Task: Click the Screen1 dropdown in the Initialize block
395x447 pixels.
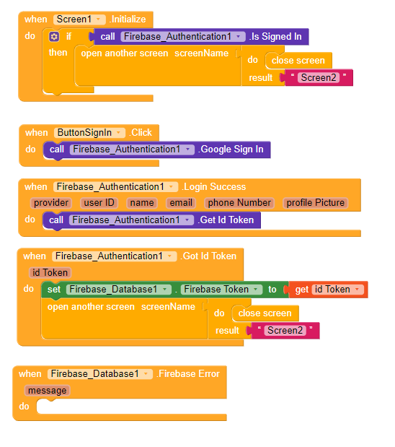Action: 79,19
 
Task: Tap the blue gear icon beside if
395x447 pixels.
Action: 54,37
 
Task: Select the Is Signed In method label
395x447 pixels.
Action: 275,37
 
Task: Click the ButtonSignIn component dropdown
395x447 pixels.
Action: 89,133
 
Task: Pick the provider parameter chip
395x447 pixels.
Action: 51,203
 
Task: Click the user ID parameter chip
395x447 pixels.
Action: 99,203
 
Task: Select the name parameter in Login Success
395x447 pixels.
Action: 142,203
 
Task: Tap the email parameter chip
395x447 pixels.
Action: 181,203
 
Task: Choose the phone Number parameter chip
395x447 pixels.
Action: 239,203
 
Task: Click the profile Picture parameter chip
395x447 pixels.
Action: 315,203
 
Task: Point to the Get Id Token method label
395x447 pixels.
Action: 226,220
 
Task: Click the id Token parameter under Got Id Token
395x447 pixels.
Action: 50,272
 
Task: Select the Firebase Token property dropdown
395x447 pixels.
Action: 221,290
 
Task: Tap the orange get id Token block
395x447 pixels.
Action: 329,290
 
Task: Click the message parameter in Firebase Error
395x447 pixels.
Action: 48,390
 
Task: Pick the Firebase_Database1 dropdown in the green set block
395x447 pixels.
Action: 119,290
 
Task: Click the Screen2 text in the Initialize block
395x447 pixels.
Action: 319,77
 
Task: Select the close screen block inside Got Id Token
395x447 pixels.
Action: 265,313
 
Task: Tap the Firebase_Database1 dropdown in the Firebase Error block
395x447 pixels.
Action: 100,374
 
